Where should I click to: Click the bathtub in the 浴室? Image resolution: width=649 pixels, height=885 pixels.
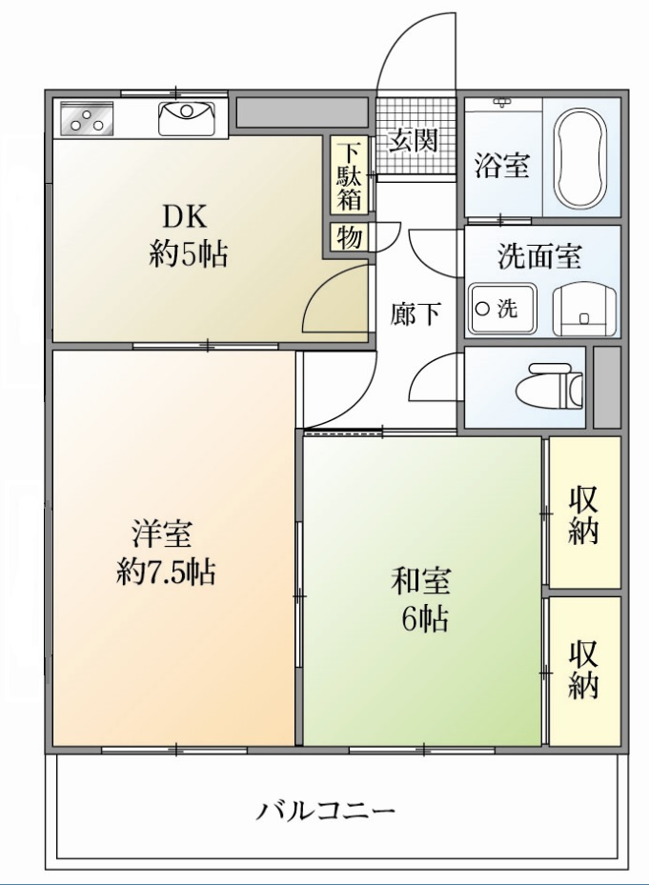pos(580,159)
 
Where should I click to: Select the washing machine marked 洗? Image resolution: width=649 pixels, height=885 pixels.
pos(501,309)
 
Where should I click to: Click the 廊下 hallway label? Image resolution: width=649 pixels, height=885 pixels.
pos(416,313)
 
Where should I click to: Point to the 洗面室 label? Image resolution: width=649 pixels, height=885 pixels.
pos(539,257)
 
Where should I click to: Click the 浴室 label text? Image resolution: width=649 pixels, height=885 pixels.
pos(502,166)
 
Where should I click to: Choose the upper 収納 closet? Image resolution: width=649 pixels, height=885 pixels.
pos(583,514)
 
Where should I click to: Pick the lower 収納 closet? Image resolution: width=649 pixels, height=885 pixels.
pos(583,669)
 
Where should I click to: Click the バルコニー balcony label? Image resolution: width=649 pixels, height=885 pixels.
pos(325,812)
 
